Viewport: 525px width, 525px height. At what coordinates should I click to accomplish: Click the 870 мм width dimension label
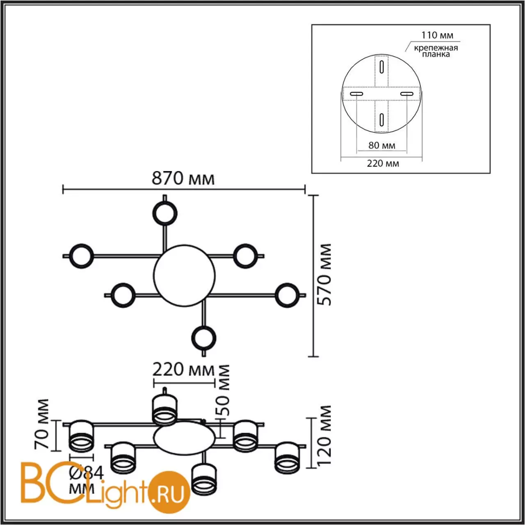(x=183, y=179)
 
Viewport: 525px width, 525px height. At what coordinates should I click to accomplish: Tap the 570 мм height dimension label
(x=324, y=274)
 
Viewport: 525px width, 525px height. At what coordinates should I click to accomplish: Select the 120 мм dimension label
(x=324, y=435)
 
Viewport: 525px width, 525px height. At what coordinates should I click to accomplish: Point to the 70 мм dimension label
(x=43, y=424)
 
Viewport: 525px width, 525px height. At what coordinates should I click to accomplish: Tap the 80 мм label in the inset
(x=381, y=145)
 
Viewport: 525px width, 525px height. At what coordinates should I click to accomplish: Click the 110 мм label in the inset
(x=438, y=35)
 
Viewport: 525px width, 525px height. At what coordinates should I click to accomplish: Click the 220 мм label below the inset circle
(x=383, y=164)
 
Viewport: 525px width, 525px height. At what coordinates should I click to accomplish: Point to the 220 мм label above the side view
(x=183, y=370)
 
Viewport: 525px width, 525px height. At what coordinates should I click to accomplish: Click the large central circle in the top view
(x=184, y=276)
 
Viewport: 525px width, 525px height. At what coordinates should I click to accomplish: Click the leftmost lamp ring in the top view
(x=82, y=256)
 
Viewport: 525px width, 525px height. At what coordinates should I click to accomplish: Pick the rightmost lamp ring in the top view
(x=286, y=295)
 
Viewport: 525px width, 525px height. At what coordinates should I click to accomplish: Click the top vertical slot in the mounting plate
(x=382, y=67)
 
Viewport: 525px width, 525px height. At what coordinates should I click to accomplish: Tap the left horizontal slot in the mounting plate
(x=356, y=95)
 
